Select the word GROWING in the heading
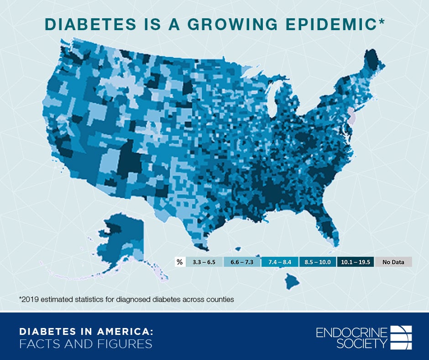(246, 25)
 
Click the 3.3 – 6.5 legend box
(204, 262)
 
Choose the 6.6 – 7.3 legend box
(242, 262)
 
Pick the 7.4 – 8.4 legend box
(280, 262)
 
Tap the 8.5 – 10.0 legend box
(318, 262)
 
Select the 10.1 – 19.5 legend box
(356, 262)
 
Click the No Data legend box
(393, 262)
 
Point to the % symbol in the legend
(179, 262)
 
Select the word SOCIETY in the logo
(362, 344)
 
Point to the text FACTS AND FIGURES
(85, 344)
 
